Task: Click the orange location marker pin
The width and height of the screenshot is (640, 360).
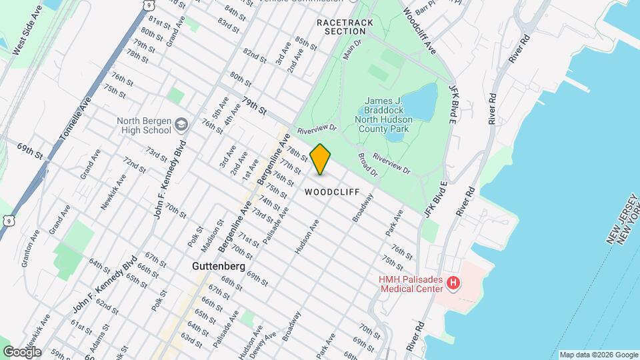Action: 321,159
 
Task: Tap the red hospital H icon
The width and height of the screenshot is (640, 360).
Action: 453,284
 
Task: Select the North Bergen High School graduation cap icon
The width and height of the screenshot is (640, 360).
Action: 181,125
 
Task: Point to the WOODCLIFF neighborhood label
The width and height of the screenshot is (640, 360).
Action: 327,192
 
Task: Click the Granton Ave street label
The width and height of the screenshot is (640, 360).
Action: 31,248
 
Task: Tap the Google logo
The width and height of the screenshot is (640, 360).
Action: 21,352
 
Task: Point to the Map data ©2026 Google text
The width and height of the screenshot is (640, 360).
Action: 598,355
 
